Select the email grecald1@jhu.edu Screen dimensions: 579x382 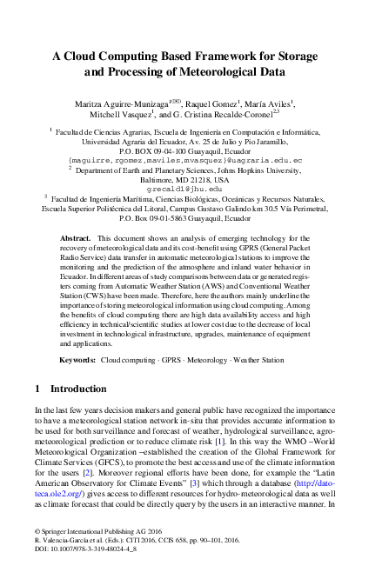(x=190, y=187)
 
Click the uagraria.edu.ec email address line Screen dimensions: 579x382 (x=190, y=161)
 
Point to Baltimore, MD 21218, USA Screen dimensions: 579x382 (x=190, y=179)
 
